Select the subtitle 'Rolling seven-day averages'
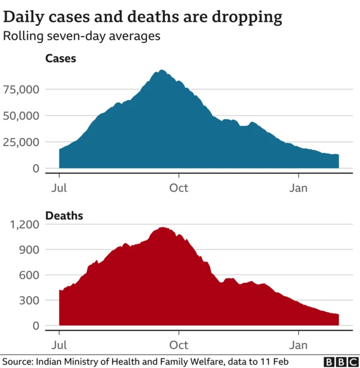pos(82,37)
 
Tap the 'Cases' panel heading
pos(61,58)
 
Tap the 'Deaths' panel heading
pos(64,216)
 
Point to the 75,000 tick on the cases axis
pos(21,89)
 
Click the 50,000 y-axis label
pos(21,116)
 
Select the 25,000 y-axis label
pos(21,142)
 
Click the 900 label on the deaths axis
pos(29,249)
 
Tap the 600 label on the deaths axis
pos(29,275)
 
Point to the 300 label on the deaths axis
pos(29,301)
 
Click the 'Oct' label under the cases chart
pos(179,188)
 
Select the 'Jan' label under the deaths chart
pos(298,345)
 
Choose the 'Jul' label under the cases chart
pos(59,188)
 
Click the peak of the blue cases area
pos(161,71)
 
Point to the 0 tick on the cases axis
pos(35,169)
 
